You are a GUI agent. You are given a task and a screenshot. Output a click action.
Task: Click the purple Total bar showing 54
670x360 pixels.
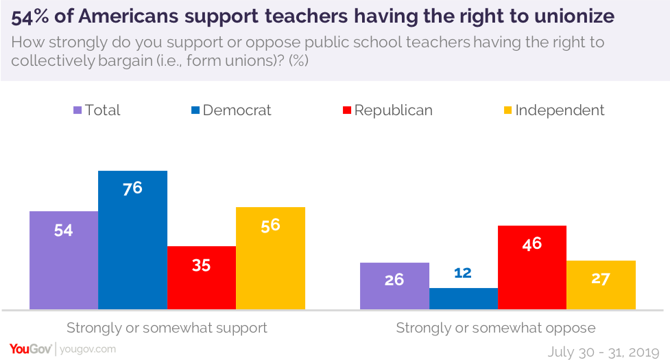[x=64, y=260]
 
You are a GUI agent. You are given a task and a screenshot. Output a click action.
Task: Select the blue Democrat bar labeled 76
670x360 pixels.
[x=132, y=240]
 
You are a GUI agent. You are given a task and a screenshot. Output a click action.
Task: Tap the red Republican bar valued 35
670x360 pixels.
[x=201, y=278]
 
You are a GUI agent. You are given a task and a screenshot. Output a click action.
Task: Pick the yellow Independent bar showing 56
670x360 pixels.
[x=270, y=258]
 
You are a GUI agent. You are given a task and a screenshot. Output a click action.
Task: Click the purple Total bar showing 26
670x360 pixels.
[x=394, y=285]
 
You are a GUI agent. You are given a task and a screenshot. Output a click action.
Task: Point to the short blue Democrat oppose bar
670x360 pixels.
[x=464, y=298]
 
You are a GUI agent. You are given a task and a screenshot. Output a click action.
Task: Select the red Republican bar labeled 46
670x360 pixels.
[x=532, y=267]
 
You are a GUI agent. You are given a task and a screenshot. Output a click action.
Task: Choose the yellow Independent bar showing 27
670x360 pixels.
[x=601, y=285]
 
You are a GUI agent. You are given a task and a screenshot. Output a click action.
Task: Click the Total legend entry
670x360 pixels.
[x=97, y=110]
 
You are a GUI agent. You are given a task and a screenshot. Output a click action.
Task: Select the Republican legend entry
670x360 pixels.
[x=387, y=110]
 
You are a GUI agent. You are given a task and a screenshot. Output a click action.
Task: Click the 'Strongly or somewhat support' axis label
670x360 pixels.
[x=167, y=328]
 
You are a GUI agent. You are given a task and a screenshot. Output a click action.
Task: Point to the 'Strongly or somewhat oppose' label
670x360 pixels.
[x=496, y=328]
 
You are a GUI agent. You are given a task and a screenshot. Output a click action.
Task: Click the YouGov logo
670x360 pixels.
[x=31, y=349]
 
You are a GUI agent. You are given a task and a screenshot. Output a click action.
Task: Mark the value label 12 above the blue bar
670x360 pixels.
[x=463, y=273]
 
